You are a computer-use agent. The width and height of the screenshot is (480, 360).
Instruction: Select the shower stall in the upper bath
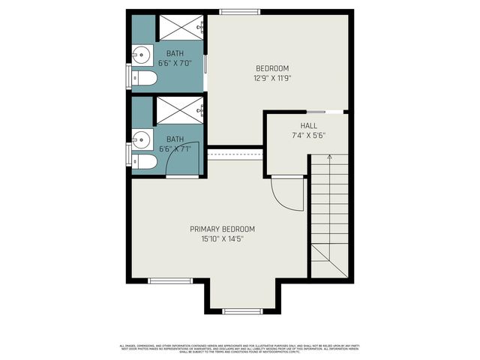point(182,28)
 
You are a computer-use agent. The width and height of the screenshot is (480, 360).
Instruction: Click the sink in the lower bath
point(142,138)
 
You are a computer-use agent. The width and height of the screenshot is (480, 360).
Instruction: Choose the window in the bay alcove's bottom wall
point(242,310)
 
